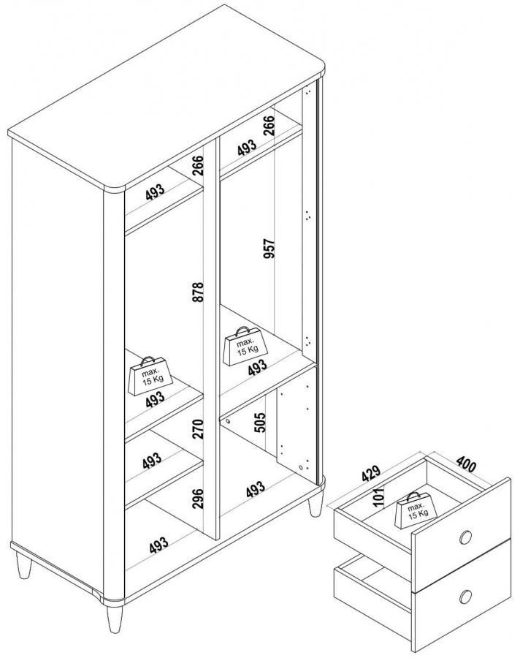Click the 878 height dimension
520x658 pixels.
point(198,291)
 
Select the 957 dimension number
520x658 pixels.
point(269,249)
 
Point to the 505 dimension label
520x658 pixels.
point(260,422)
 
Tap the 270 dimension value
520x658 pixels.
point(198,428)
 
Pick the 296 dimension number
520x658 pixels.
point(198,498)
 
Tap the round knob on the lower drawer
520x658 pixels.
point(465,596)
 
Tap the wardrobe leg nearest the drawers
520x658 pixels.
point(316,506)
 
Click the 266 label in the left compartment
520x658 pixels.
point(198,165)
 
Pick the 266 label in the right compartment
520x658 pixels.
point(269,125)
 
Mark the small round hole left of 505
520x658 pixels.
point(228,420)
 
